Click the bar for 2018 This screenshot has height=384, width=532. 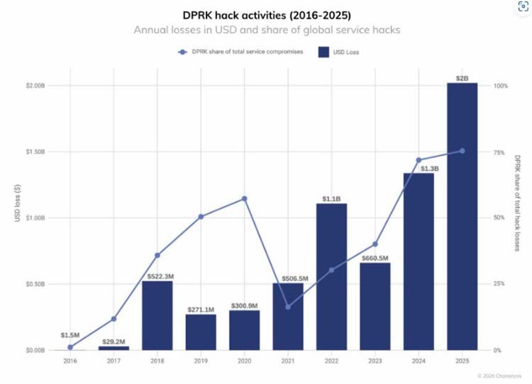[157, 315]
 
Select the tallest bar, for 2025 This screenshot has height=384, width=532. [462, 216]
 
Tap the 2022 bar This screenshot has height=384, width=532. [331, 276]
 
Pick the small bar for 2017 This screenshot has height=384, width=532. [113, 348]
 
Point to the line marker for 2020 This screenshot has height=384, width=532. [244, 198]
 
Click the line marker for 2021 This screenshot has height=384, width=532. [288, 307]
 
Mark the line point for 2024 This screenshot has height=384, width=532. [419, 160]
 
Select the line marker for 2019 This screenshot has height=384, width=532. [201, 217]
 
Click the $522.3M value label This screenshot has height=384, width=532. [160, 276]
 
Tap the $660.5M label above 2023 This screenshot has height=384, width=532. [375, 259]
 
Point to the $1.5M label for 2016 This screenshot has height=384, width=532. [70, 335]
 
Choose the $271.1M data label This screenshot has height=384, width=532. [201, 310]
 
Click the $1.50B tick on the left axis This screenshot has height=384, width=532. [35, 152]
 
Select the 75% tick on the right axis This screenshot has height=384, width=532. [499, 153]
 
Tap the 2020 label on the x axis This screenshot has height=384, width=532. [244, 361]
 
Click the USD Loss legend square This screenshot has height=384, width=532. [323, 52]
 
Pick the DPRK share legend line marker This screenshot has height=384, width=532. [182, 52]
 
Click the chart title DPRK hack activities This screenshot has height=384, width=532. [267, 16]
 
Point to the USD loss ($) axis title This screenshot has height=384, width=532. [18, 203]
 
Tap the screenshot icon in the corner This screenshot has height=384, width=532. [523, 7]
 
